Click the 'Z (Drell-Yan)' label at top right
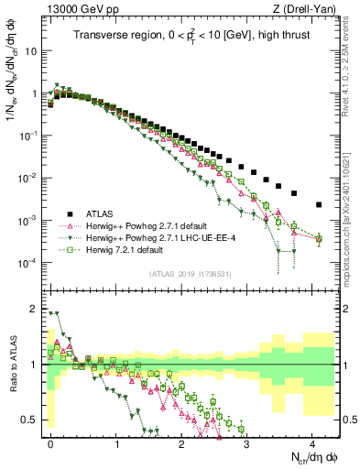(x=307, y=9)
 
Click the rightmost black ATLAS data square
(x=318, y=204)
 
